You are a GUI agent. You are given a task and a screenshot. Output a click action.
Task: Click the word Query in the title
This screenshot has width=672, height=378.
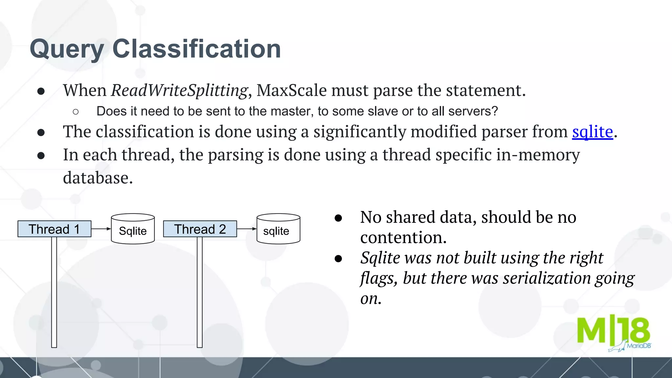click(67, 49)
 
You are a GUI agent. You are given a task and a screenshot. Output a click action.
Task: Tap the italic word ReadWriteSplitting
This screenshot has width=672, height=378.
click(179, 90)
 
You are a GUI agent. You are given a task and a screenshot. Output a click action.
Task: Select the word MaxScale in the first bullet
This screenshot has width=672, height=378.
click(291, 90)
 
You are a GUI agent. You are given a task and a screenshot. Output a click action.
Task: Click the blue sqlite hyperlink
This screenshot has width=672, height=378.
click(592, 132)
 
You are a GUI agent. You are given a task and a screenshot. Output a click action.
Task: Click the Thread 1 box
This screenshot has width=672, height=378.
click(54, 229)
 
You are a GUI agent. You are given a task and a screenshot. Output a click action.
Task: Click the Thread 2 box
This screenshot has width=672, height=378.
click(200, 229)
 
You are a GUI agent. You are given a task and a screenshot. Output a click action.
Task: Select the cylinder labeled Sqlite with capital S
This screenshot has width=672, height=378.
click(133, 229)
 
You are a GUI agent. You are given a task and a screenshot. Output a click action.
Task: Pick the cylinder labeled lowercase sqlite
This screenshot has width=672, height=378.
click(278, 229)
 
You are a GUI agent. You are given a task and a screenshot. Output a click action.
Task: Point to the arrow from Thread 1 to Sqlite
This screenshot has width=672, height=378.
click(101, 229)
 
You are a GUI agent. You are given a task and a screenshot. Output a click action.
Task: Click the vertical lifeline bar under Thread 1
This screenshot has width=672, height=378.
click(54, 292)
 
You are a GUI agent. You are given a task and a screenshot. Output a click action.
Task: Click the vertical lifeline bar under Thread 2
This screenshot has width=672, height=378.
click(199, 292)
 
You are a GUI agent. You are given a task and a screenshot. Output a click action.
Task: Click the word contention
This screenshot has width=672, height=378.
click(403, 238)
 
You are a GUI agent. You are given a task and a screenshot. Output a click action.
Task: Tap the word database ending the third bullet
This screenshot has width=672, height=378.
click(97, 178)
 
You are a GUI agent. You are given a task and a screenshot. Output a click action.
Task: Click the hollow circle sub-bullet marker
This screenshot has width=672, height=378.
click(76, 112)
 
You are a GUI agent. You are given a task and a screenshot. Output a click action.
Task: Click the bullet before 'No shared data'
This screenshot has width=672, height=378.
click(338, 218)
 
